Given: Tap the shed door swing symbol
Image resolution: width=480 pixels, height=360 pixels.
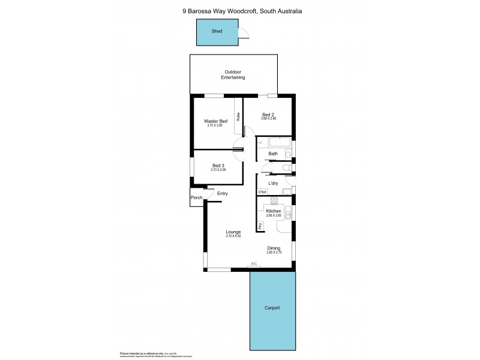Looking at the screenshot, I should (244, 34).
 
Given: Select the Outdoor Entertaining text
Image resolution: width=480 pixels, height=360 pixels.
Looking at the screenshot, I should (233, 75).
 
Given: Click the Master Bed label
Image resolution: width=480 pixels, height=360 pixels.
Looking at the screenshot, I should (215, 121).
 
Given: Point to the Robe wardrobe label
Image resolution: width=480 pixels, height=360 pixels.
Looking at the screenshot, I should (238, 118).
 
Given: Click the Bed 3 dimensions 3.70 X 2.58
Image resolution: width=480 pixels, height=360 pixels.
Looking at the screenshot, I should (218, 170).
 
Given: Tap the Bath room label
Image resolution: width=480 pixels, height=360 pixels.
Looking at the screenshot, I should (273, 154).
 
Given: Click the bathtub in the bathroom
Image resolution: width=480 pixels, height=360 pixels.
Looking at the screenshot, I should (280, 143).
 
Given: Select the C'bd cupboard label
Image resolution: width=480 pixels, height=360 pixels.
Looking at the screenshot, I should (262, 192).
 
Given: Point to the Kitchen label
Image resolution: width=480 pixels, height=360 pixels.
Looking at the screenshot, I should (274, 211).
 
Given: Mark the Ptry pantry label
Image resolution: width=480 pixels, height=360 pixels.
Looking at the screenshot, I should (260, 226).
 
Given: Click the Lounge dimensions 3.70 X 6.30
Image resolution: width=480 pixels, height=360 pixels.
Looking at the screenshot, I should (233, 236).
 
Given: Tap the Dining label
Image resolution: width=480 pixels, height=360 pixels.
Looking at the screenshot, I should (274, 248).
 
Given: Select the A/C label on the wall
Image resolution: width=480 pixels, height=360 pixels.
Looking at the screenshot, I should (254, 264).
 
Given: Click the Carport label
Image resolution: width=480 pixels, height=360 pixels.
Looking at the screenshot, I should (272, 308).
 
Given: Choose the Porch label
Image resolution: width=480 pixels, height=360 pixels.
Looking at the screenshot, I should (196, 197).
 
